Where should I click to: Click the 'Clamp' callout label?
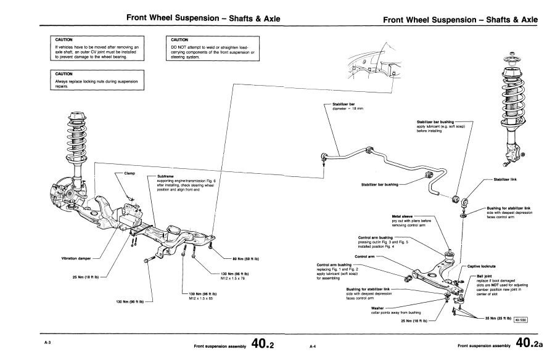point(130,174)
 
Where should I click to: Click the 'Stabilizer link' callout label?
point(506,179)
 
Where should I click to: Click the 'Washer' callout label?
point(378,306)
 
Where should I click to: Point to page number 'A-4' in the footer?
point(313,347)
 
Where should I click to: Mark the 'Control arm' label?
point(364,256)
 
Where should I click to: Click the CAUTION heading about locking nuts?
point(65,73)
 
